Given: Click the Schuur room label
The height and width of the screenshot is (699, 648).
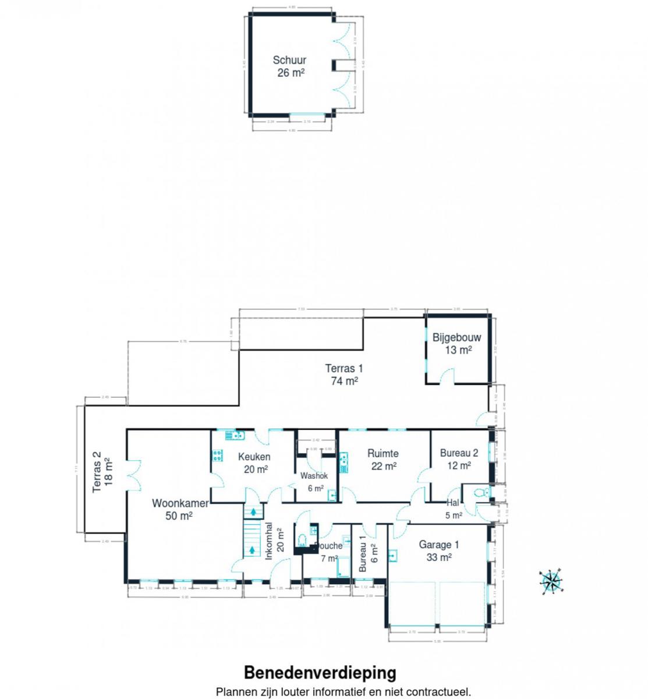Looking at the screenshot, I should (x=289, y=60).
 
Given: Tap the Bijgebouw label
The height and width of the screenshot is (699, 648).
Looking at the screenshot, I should (x=456, y=337).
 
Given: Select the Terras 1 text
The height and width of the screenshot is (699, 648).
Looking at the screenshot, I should (x=344, y=368).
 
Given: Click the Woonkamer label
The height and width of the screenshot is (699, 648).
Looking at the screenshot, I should (x=180, y=503).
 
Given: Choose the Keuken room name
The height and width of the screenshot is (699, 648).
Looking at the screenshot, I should (x=254, y=457).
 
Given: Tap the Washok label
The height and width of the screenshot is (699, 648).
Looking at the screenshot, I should (x=314, y=476).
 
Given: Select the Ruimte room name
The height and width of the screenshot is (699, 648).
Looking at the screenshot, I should (x=383, y=453).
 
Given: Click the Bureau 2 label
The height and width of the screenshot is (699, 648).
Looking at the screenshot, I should (x=459, y=453).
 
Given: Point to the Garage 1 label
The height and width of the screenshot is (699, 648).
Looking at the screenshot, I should (x=439, y=545).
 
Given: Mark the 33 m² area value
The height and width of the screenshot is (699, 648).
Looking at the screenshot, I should (x=439, y=557).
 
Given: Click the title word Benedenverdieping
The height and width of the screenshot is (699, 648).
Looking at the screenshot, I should (x=320, y=673).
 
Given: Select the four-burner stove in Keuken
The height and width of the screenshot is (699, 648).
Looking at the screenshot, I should (x=218, y=456).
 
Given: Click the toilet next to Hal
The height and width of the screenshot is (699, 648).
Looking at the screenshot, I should (x=481, y=492).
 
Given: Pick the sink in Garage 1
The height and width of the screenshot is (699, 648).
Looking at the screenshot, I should (x=392, y=556).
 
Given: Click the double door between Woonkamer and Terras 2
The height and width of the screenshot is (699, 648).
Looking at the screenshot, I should (x=134, y=475).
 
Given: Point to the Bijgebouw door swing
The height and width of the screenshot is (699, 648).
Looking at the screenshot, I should (x=447, y=376).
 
